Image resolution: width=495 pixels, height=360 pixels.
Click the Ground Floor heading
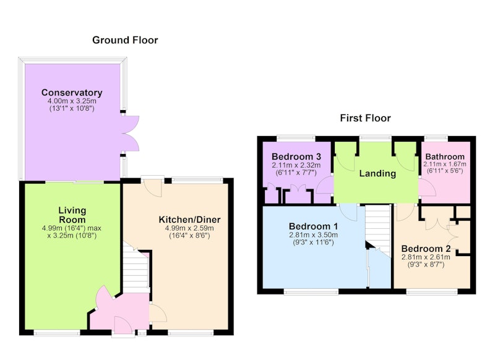[x=125, y=40]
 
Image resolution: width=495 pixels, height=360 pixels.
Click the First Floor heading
[x=365, y=118]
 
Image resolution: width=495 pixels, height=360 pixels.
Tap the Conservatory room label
[x=72, y=92]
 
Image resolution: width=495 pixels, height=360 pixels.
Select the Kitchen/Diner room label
[x=189, y=220]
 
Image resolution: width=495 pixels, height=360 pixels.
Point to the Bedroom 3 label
[x=296, y=156]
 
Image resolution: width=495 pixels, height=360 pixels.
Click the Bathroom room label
[x=445, y=156]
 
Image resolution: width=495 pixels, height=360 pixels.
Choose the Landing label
[x=377, y=173]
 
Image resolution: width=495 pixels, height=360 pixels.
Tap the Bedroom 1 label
[x=313, y=226]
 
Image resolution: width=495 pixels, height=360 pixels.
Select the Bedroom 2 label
[x=426, y=248]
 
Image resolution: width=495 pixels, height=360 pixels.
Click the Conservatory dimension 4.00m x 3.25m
[x=72, y=101]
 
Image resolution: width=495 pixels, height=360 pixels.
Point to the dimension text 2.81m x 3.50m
[x=313, y=234]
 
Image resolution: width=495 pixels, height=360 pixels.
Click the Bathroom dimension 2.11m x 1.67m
[x=445, y=164]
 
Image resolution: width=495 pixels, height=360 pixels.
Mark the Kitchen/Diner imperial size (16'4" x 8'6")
[x=189, y=236]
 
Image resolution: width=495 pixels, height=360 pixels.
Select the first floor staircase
[x=378, y=228]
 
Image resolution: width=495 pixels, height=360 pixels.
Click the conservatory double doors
[x=130, y=133]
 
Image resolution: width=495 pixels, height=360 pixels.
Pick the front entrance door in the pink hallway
[x=123, y=325]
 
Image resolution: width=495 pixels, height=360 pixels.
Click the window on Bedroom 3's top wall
[x=296, y=138]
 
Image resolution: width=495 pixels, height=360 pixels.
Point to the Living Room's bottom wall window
[x=57, y=333]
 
